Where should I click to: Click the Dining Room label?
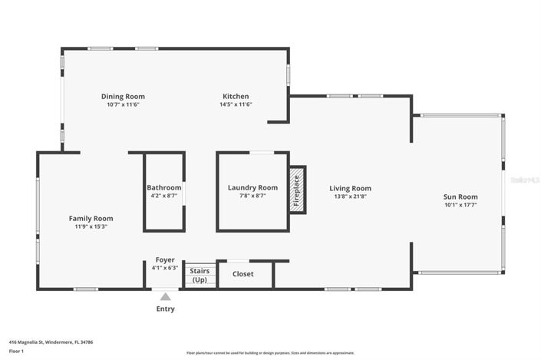tap(123, 97)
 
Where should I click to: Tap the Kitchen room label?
tap(236, 97)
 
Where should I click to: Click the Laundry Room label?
tap(252, 187)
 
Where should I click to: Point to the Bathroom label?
tap(164, 187)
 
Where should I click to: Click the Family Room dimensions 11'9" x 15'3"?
tap(91, 226)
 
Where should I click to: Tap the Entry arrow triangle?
tap(165, 296)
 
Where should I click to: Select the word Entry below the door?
tap(165, 309)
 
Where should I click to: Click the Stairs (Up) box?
tap(200, 276)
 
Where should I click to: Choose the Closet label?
tap(243, 274)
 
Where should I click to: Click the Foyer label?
tap(165, 260)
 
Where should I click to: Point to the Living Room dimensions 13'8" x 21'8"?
tap(350, 197)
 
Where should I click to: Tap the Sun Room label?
tap(460, 197)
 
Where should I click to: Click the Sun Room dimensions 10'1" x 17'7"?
tap(460, 205)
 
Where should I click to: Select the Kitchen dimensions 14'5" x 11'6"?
tap(236, 104)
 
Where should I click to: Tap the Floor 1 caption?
tap(17, 351)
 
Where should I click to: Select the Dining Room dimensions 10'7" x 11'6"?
tap(123, 104)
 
